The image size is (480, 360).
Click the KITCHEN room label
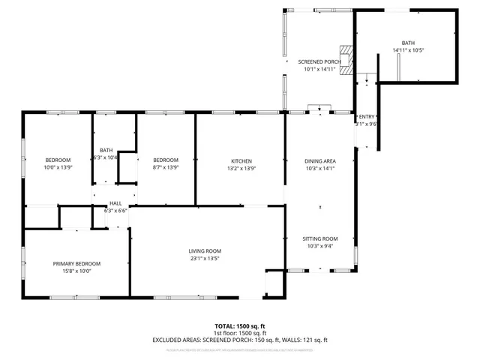coord(241,160)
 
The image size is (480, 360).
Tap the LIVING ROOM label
coord(204,251)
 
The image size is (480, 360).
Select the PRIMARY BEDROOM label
coord(76,263)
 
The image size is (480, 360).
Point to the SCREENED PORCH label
coord(319,61)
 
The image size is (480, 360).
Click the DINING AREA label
coord(319,160)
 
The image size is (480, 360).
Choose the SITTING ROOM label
coord(319,238)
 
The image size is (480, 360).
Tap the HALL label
coord(115,203)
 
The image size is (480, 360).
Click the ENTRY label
coord(366,117)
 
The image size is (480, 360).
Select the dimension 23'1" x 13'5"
coord(204,259)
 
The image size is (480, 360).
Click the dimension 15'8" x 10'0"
coord(76,271)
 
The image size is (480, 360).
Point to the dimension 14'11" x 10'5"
coord(408,51)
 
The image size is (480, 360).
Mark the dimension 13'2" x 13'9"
coord(241,168)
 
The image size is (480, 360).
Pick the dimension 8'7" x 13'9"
coord(166,168)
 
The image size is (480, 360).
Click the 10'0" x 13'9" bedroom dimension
coord(58,168)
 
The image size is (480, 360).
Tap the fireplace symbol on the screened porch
coord(345,60)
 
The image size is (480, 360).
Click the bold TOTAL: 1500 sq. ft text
coord(240,326)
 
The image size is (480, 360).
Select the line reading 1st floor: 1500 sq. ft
coord(240,333)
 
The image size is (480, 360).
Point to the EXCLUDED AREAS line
coord(240,340)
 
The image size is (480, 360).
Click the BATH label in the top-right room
coord(408,43)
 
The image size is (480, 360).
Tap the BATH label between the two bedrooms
coord(106,149)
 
